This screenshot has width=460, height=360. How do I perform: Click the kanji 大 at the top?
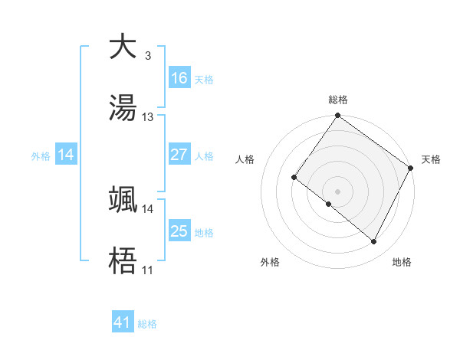tap(123, 47)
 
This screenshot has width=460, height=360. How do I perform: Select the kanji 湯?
tap(123, 108)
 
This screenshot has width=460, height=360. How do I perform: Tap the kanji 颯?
tap(123, 200)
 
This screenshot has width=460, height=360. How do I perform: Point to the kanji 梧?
tap(123, 261)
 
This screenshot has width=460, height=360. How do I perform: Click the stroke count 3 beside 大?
tap(147, 56)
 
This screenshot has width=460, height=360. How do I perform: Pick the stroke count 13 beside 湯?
tap(148, 117)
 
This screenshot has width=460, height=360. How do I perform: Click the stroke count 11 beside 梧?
tap(148, 270)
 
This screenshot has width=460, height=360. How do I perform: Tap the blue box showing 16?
tap(179, 78)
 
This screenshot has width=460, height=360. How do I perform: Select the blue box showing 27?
tap(179, 155)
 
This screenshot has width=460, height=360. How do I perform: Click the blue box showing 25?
tap(179, 231)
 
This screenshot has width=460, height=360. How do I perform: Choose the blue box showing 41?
tap(123, 322)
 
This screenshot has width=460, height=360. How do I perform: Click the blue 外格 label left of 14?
tap(41, 155)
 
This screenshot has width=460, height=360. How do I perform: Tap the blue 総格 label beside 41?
tap(147, 324)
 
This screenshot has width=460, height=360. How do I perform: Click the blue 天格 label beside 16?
tap(204, 80)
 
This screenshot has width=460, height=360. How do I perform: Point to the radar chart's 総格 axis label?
tap(338, 100)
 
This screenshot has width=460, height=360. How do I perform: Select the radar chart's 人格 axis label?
tap(245, 159)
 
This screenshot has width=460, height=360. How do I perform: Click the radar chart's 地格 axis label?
tap(402, 263)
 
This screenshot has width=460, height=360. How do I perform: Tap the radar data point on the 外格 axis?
tap(328, 205)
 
